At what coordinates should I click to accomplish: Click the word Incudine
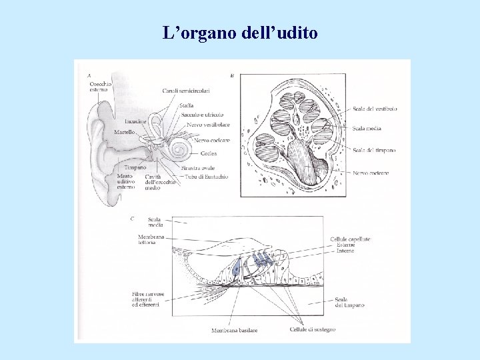point(135,121)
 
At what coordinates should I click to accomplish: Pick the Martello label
point(124,133)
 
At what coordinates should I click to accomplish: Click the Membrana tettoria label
point(147,239)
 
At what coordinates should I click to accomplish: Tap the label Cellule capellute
point(350,239)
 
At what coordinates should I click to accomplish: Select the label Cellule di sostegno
point(313,329)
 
